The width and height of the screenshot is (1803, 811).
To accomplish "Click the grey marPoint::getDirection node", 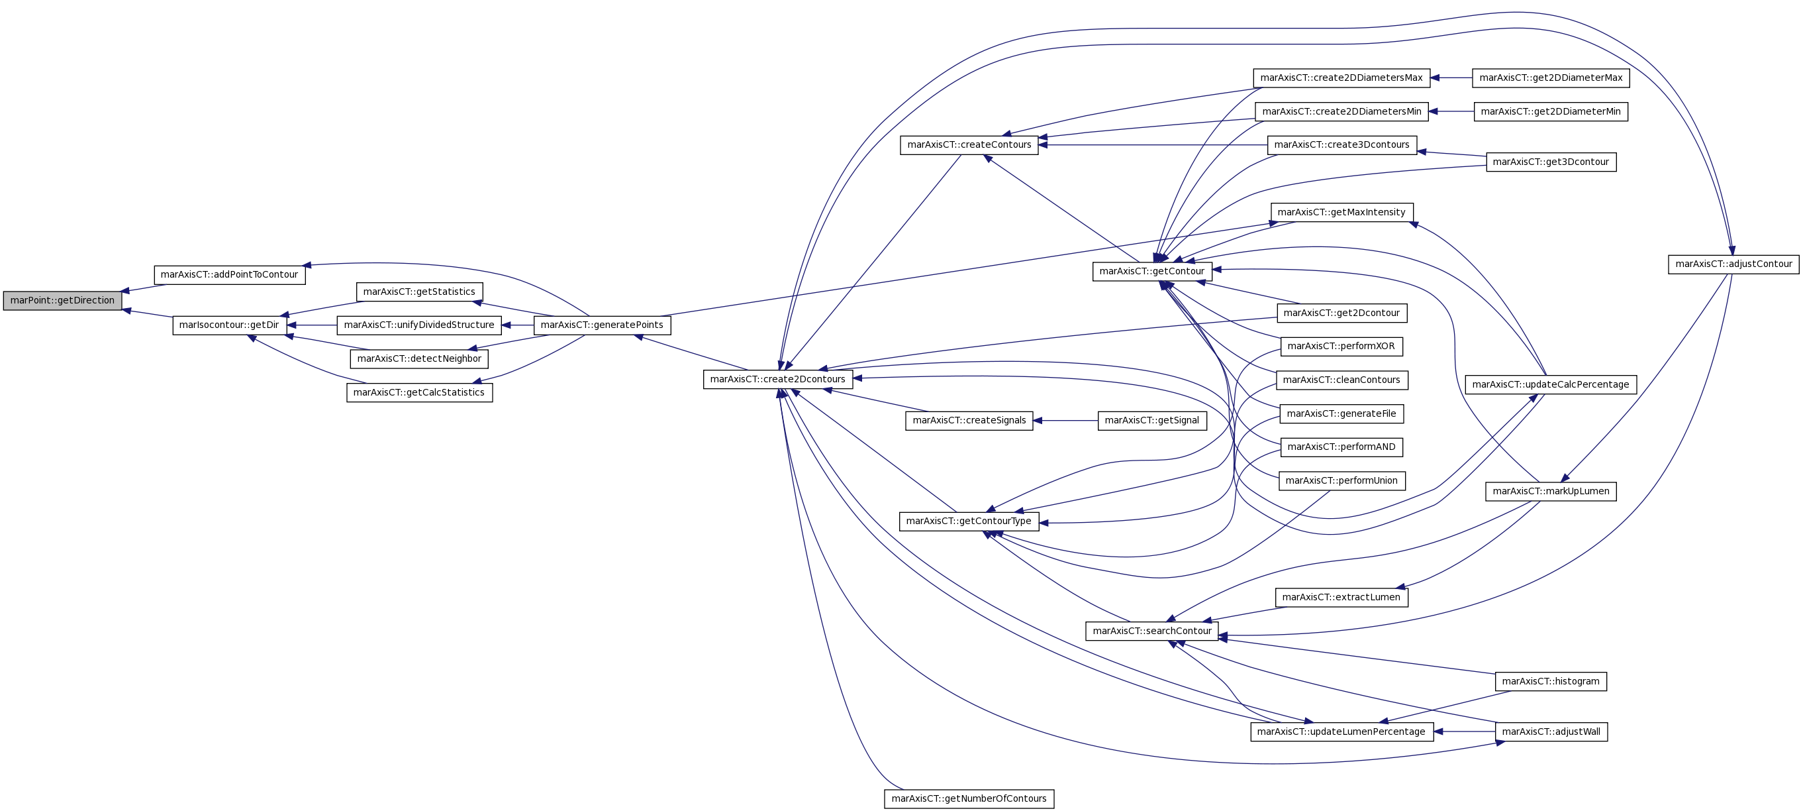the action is coord(62,300).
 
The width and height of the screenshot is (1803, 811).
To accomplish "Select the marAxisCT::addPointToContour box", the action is coord(230,274).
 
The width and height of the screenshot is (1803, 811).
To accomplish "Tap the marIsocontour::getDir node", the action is coord(230,325).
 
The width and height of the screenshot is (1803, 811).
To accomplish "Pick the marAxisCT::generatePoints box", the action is coord(602,325).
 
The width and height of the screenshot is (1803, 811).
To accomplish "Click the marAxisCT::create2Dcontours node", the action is coord(777,380).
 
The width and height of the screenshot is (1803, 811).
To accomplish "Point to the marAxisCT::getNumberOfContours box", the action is coord(969,799).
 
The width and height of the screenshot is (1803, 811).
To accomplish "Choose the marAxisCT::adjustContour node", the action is coord(1733,264).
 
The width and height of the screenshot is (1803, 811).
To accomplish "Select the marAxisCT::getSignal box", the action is coord(1152,421).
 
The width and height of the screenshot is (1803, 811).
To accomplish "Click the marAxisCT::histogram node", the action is coord(1550,681).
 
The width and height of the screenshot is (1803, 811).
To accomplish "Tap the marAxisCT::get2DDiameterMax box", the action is coord(1551,78).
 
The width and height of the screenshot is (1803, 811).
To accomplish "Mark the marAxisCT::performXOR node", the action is coord(1341,346).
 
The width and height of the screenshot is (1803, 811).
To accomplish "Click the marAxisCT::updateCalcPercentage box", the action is coord(1551,384).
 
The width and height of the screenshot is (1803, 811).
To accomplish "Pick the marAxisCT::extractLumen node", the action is coord(1341,598).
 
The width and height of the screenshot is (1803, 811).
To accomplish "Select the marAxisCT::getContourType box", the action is coord(969,521).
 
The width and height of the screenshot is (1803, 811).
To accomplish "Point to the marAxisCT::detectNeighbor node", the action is coord(419,358).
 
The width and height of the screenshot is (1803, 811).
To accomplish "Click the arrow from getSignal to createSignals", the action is coord(1065,421).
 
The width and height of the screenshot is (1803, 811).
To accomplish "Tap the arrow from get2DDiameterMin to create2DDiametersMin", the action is coord(1451,111).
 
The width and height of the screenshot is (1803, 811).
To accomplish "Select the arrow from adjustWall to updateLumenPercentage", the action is coord(1464,732).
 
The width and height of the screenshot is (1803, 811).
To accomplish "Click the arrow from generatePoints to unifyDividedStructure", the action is coord(517,325).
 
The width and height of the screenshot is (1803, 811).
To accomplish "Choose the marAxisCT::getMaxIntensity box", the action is coord(1341,212).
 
